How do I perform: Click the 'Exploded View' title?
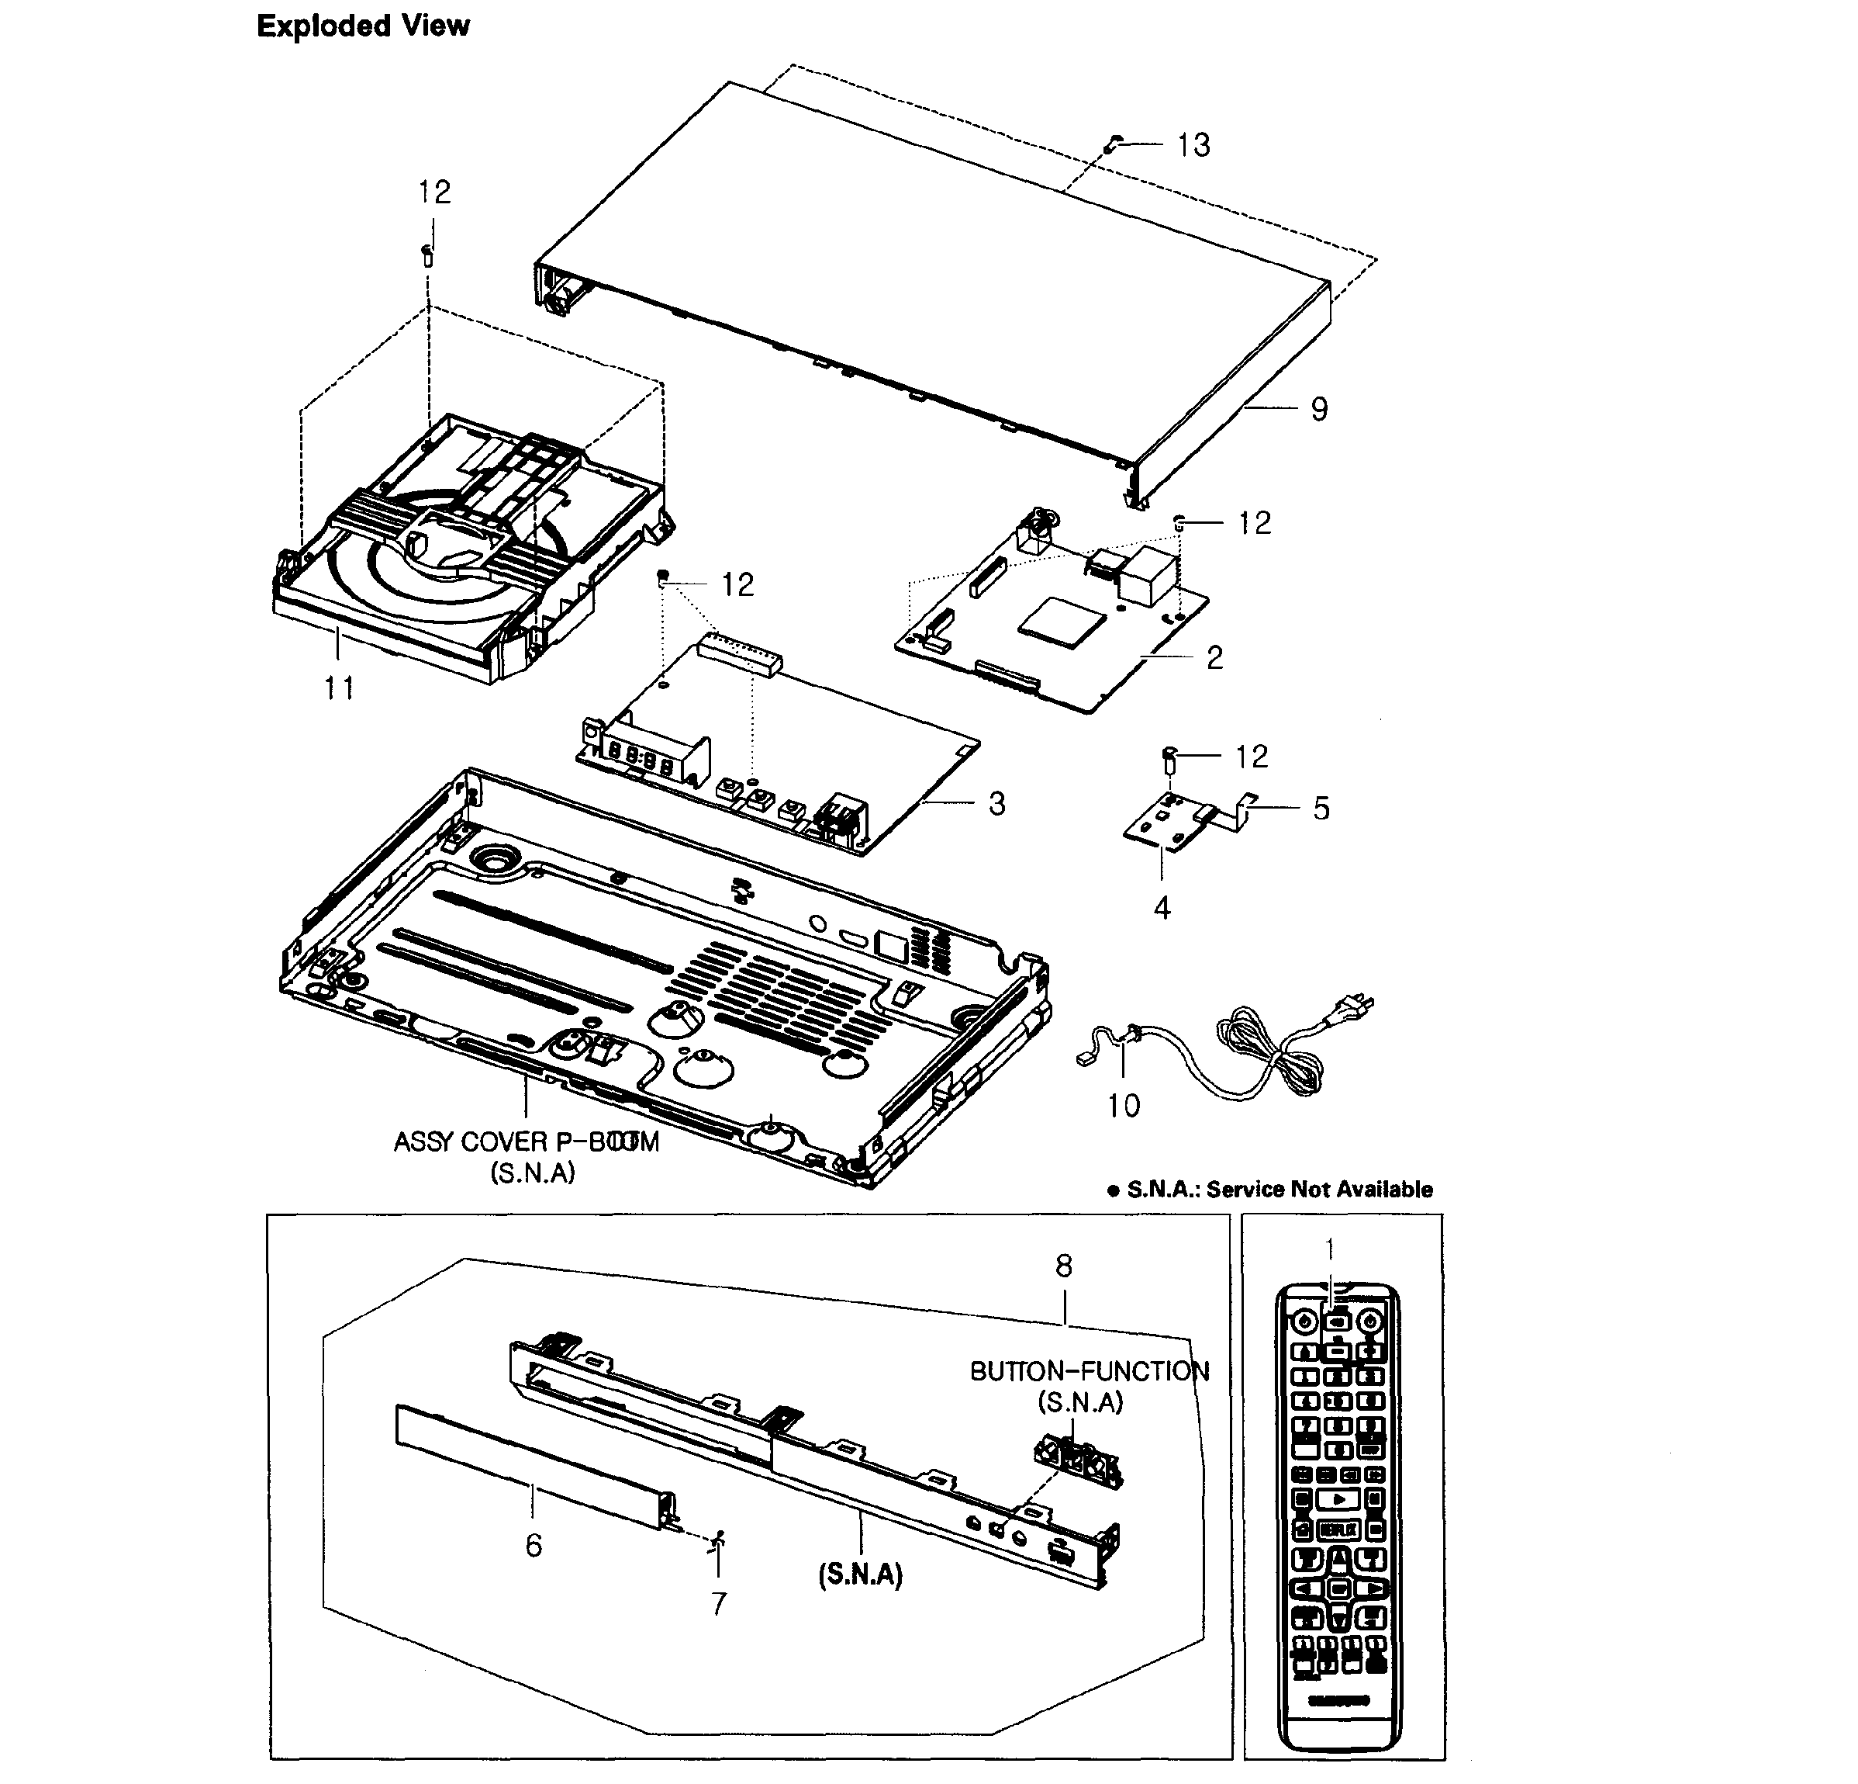click(x=363, y=26)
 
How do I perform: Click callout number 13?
click(x=1193, y=145)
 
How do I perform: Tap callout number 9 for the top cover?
click(x=1318, y=409)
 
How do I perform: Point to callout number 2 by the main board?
click(x=1214, y=657)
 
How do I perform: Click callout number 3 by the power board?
click(x=996, y=803)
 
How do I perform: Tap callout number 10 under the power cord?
click(x=1124, y=1105)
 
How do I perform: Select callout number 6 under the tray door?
click(x=534, y=1545)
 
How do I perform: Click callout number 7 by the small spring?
click(x=719, y=1603)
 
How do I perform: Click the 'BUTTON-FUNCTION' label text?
click(x=1090, y=1370)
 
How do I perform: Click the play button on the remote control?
click(x=1338, y=1499)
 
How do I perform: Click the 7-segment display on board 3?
click(x=640, y=759)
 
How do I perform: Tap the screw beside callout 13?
click(x=1115, y=142)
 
